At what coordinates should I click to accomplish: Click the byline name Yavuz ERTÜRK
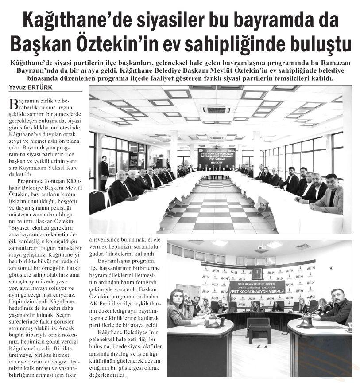[30, 87]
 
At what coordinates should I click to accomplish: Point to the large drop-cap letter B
[13, 104]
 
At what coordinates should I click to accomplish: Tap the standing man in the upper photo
[104, 171]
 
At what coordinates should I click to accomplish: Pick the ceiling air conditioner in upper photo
[217, 109]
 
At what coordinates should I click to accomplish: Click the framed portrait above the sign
[256, 273]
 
